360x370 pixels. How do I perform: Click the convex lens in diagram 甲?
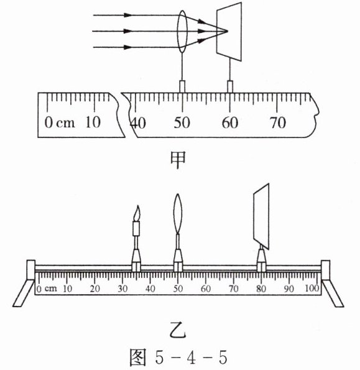[182, 31]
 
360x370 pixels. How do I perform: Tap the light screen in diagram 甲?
[229, 32]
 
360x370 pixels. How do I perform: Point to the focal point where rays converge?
[228, 31]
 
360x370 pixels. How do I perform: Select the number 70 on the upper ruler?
[277, 123]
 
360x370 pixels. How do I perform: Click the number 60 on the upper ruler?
[230, 123]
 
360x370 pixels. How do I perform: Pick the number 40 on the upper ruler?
[139, 123]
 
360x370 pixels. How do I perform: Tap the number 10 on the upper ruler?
[93, 123]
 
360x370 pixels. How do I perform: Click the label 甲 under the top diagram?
[178, 160]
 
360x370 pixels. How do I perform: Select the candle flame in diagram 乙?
[137, 213]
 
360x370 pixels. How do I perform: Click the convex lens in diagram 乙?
[178, 214]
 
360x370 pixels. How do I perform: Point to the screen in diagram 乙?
[261, 216]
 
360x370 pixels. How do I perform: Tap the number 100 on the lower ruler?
[312, 289]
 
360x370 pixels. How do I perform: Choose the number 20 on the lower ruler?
[95, 289]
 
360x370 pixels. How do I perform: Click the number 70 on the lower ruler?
[233, 289]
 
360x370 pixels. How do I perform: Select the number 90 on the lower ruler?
[288, 289]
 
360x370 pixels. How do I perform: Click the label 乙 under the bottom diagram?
[178, 332]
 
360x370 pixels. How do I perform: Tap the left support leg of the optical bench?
[24, 293]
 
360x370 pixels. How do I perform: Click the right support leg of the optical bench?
[333, 294]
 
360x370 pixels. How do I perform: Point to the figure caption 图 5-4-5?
[178, 358]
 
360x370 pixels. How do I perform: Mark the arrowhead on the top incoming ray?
[127, 15]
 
